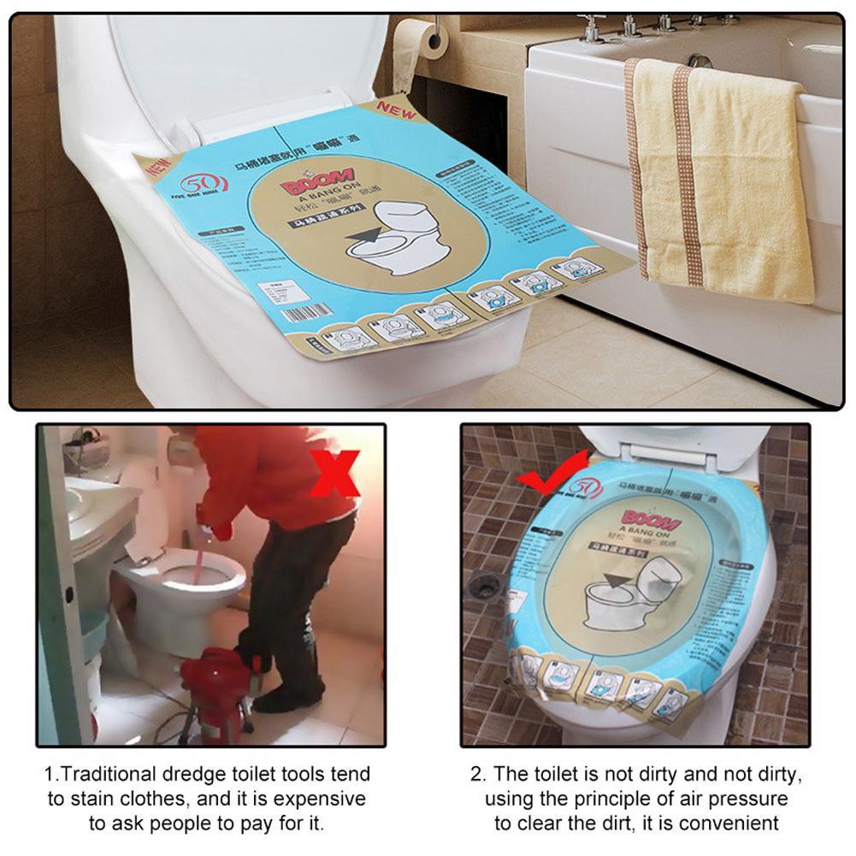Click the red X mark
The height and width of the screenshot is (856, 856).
[x=336, y=472]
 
